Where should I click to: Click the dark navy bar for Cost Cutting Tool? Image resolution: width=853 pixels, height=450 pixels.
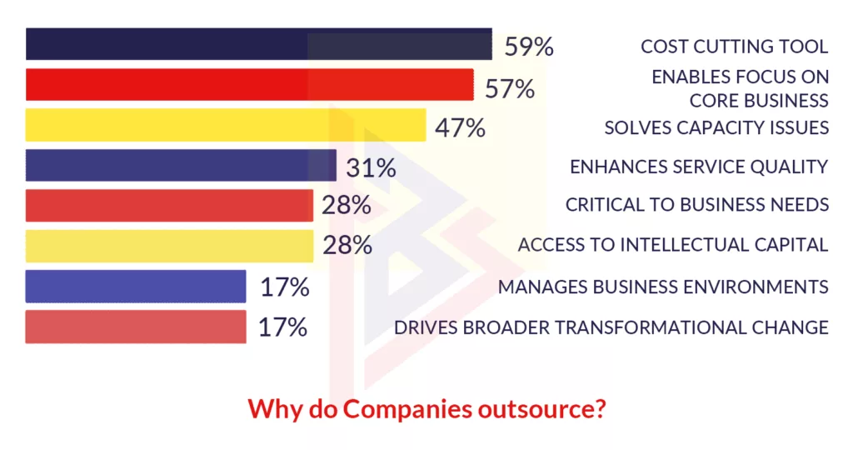pos(258,45)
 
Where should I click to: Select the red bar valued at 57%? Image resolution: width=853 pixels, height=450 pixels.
pos(250,85)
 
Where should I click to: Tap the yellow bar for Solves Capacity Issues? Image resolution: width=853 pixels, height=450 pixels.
pos(225,125)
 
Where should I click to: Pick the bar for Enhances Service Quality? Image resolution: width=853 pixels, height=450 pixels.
pos(181,165)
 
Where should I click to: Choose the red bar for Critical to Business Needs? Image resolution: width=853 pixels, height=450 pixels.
pos(169,205)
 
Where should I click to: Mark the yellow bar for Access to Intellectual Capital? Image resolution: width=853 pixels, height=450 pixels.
pos(169,246)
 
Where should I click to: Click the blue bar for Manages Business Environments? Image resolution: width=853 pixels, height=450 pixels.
pos(136,286)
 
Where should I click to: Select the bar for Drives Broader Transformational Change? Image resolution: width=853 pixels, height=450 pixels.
pos(136,327)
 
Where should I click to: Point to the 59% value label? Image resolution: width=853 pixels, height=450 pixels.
pos(529,47)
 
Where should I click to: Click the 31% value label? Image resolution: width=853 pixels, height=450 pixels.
pos(371,167)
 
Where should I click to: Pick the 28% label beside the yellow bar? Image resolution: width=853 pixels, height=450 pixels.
pos(347,246)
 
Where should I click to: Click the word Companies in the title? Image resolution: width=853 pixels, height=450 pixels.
pos(396,410)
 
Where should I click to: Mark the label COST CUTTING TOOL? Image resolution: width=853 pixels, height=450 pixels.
pos(734,47)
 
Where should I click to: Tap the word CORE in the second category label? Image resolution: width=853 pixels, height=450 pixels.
pos(711,100)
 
